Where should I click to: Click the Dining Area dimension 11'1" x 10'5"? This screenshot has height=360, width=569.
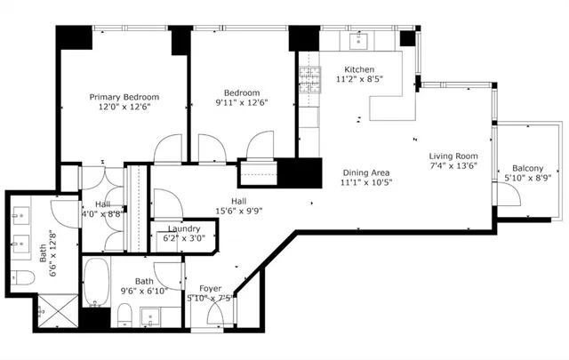tap(365, 182)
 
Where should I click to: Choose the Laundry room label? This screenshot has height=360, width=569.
tap(182, 228)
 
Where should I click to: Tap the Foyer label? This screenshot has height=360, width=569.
tap(210, 288)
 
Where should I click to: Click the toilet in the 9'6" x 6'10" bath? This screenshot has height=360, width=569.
tap(125, 314)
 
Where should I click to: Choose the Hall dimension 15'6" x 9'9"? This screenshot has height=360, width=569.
tap(238, 211)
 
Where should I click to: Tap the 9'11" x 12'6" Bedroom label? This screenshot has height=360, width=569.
tap(241, 92)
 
